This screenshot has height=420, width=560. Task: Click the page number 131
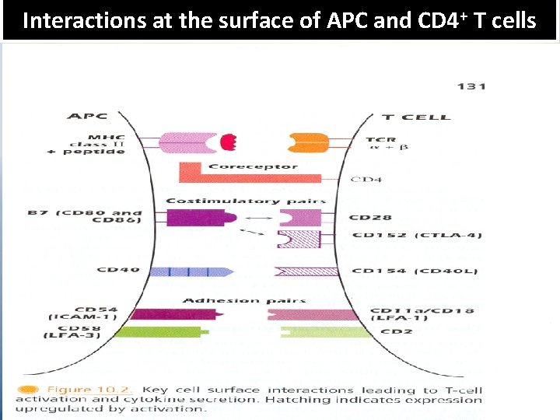(471, 86)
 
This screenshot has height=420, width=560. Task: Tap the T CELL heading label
(415, 117)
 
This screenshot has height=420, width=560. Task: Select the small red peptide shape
(228, 142)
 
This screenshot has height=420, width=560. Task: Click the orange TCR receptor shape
(308, 142)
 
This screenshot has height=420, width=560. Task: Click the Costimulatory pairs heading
(245, 201)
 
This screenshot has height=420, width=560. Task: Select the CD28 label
(370, 218)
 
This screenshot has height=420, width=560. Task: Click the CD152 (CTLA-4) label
(415, 236)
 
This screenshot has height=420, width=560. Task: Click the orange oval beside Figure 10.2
(28, 389)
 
